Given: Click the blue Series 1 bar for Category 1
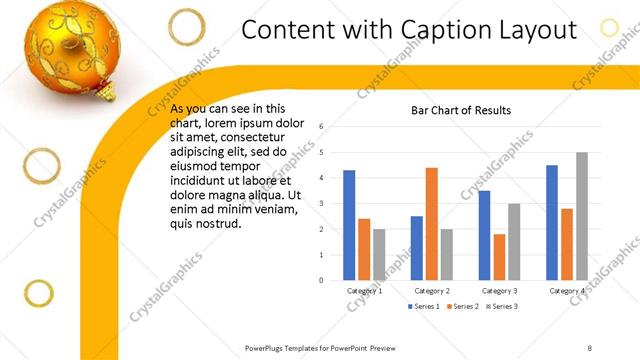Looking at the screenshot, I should (349, 225).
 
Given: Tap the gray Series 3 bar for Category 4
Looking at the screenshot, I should (581, 216).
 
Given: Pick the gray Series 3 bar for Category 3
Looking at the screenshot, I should (513, 242).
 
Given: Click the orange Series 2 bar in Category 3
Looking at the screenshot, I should (499, 257).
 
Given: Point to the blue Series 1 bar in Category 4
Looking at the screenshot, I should (552, 222).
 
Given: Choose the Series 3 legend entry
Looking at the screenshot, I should (501, 305).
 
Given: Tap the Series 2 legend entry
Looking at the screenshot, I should (463, 305).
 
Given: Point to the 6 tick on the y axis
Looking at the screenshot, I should (321, 127).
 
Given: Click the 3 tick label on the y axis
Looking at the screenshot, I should (321, 204).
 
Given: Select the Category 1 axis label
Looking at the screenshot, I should (364, 290).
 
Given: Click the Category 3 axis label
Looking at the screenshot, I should (499, 290).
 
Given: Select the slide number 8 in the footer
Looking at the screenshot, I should (590, 347).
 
